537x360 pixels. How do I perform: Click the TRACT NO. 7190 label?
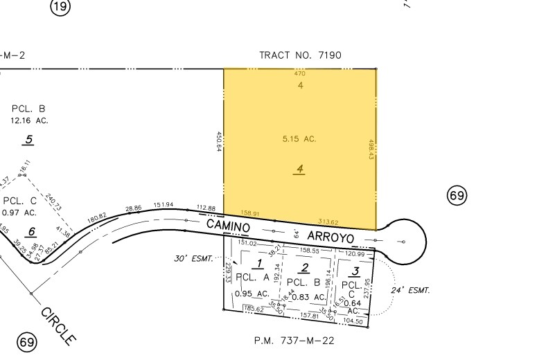(300, 55)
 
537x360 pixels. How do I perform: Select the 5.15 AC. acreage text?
(299, 139)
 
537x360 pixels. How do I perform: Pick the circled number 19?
(61, 8)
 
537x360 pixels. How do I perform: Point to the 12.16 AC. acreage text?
(28, 120)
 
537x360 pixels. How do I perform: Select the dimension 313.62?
(328, 222)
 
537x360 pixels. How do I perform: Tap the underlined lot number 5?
(28, 140)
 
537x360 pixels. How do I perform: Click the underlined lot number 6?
(31, 231)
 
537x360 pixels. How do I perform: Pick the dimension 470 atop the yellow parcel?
(300, 73)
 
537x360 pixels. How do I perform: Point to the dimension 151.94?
(164, 205)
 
